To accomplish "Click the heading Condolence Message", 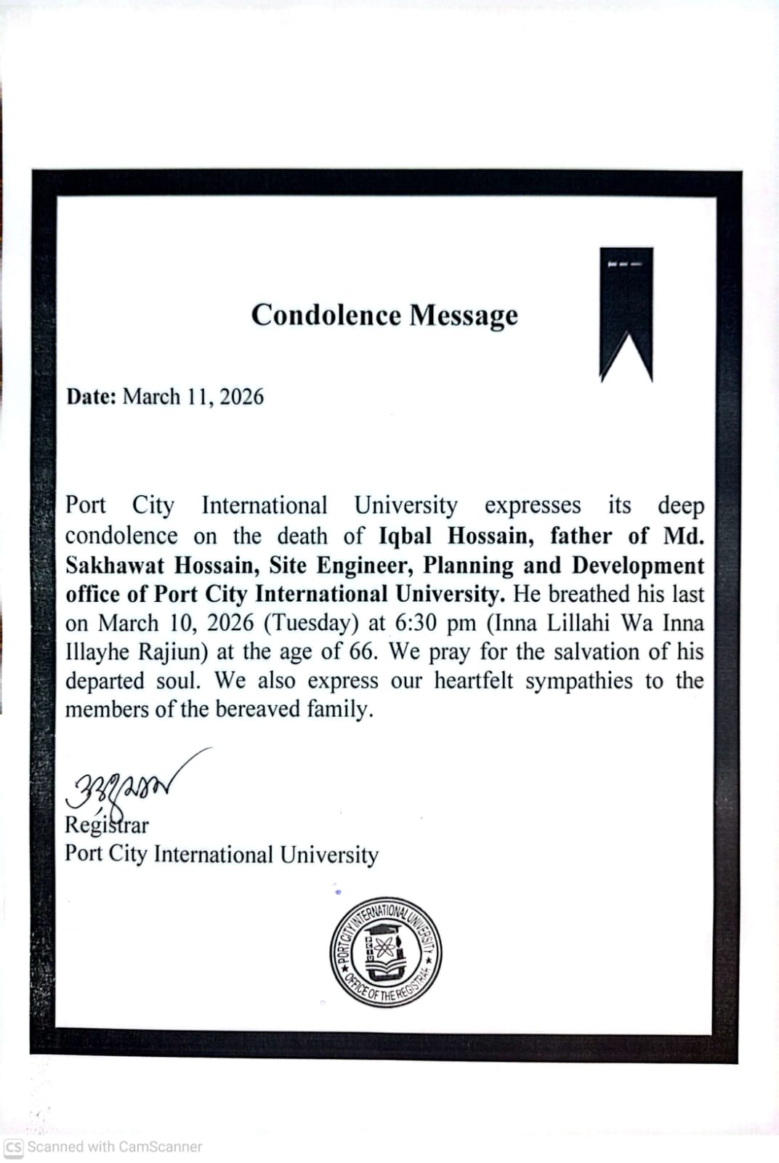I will click(384, 315).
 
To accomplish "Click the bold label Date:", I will click(91, 397).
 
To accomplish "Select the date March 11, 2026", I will click(193, 397).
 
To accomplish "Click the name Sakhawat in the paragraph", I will click(115, 566).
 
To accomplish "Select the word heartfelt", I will click(473, 680).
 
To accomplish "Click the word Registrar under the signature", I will click(107, 825).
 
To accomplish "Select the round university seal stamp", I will click(385, 952).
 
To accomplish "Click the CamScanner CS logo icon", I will click(14, 1147).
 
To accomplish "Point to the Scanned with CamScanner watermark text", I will click(114, 1147).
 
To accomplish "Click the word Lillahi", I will click(576, 623).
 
